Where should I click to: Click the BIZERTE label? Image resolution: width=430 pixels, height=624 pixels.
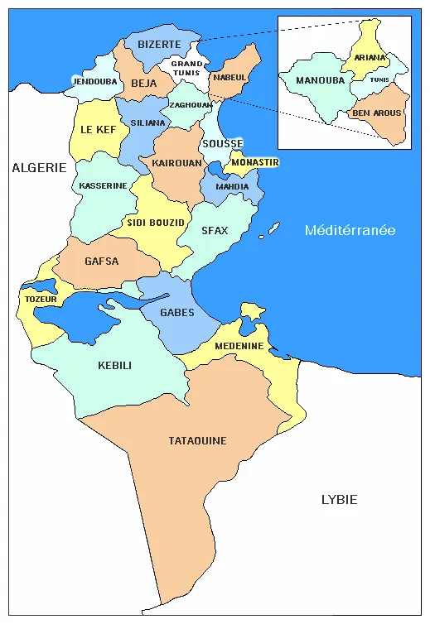click(x=159, y=44)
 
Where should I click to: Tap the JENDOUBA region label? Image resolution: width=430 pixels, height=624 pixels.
click(x=96, y=82)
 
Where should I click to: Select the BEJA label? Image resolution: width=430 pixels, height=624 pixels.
click(x=144, y=83)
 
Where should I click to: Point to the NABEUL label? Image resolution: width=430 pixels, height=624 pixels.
click(x=229, y=77)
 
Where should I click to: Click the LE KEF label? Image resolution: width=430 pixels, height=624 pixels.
click(x=98, y=130)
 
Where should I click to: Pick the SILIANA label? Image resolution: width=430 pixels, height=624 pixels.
click(x=148, y=122)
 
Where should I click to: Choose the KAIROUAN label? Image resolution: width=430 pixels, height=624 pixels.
click(x=176, y=163)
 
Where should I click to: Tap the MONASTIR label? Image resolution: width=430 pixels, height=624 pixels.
click(x=255, y=162)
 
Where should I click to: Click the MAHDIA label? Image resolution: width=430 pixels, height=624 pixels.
click(x=232, y=186)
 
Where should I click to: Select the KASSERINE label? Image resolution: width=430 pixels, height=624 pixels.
click(x=104, y=185)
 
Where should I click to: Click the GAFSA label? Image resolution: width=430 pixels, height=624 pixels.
click(x=102, y=262)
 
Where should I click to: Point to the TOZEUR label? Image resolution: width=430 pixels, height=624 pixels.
click(x=41, y=299)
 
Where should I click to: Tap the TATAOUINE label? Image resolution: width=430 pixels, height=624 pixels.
click(x=197, y=441)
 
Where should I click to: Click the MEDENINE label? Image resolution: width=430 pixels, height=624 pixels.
click(x=239, y=346)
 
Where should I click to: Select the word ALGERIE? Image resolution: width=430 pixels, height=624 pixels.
click(x=39, y=167)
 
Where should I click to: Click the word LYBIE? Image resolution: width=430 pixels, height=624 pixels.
click(x=339, y=499)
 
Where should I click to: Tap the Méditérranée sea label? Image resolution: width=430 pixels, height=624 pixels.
click(x=350, y=230)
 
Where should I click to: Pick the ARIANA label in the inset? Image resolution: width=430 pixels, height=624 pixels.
click(x=370, y=58)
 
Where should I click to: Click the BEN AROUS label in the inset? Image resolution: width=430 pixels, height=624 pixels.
click(x=376, y=113)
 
